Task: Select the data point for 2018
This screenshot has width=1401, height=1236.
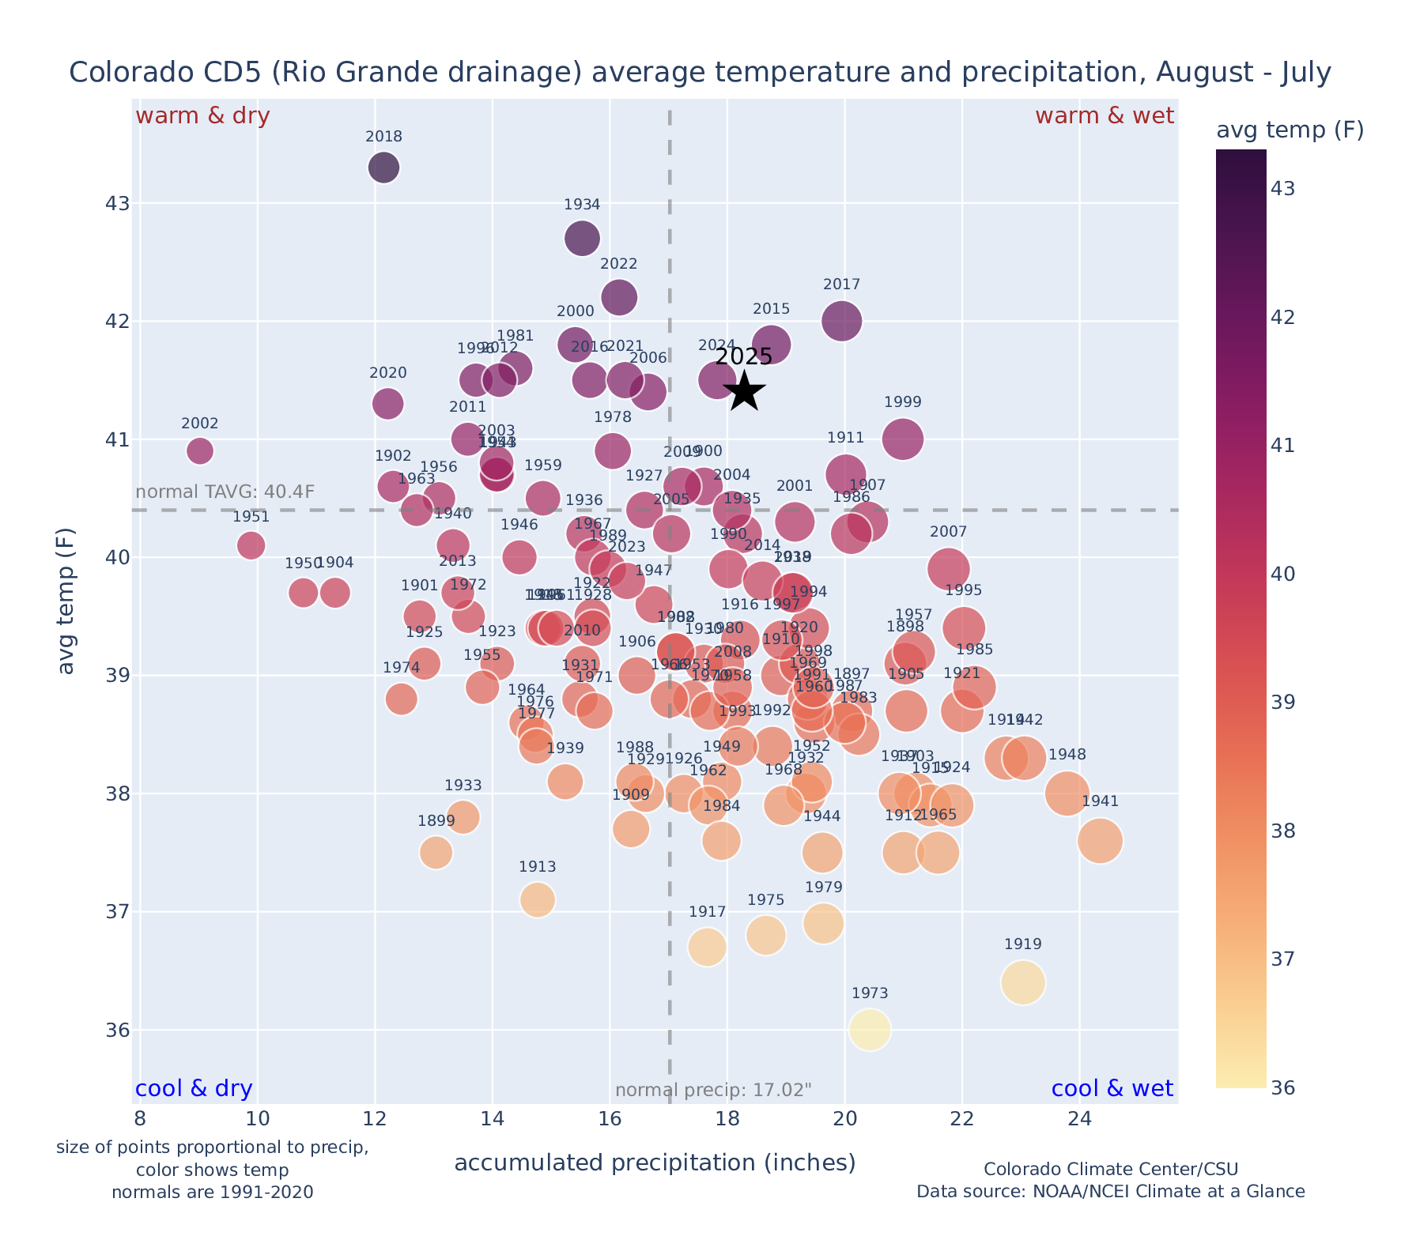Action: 383,168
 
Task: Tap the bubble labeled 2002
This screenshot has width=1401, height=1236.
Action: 200,451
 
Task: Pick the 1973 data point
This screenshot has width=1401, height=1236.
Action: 870,1030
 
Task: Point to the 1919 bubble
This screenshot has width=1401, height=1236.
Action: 1023,982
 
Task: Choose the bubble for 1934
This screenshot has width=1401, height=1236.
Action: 582,238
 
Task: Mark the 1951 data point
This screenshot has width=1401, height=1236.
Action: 251,545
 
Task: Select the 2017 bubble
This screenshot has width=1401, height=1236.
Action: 841,321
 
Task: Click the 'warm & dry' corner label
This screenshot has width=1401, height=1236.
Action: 202,116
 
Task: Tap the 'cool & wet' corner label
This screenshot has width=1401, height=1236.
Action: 1112,1089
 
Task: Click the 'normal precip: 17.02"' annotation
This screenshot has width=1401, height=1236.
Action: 713,1091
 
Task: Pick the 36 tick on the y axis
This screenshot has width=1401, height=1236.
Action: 116,1031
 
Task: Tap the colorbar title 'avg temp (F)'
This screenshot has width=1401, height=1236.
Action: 1290,130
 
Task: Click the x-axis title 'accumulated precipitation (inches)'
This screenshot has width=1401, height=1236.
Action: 655,1163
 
